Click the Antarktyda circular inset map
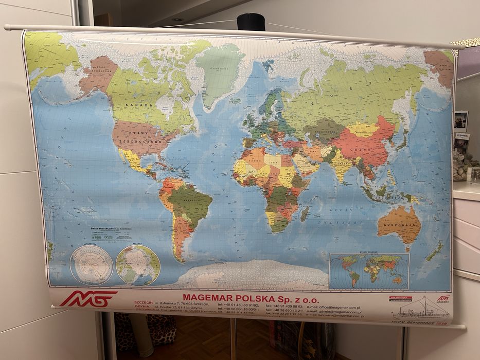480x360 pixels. (91, 265)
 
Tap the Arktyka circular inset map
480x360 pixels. (138, 265)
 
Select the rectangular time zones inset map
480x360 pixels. (369, 271)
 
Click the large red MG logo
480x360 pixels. (88, 299)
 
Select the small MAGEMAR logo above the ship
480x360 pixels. (442, 298)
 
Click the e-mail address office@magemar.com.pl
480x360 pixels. (342, 307)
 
